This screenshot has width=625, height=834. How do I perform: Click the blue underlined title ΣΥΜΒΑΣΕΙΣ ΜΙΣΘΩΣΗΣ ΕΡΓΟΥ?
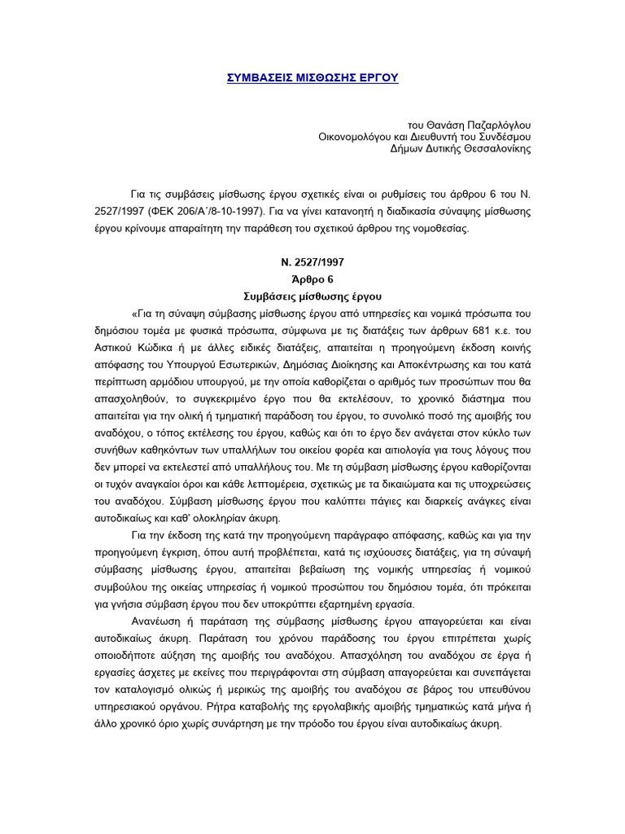[312, 77]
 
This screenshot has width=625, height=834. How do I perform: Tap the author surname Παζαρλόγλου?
[496, 125]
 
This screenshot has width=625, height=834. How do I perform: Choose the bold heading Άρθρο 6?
[312, 279]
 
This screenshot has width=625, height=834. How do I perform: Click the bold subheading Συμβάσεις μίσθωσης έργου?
[312, 296]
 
